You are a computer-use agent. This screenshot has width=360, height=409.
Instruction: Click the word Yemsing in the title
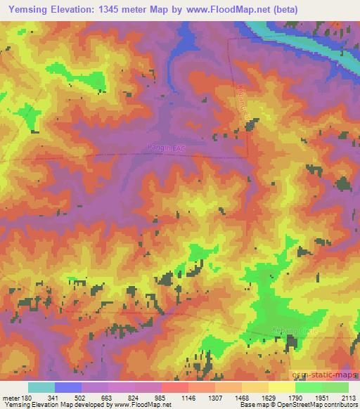coord(30,10)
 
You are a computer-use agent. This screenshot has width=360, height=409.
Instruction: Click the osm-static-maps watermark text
coord(324,373)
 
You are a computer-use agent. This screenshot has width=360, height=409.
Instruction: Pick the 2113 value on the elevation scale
coord(349,397)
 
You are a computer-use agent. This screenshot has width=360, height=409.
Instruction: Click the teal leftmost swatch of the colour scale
coord(41,387)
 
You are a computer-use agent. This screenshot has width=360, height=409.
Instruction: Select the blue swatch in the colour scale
coord(68,387)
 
